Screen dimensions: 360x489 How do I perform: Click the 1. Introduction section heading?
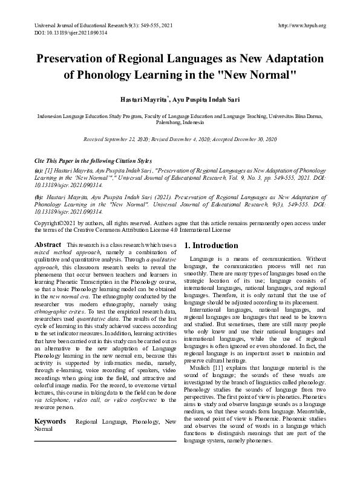[211, 246]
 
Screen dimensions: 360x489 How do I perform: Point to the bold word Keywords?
[50, 404]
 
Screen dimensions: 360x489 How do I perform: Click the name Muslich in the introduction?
[201, 367]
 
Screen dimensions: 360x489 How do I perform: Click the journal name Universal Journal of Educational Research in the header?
[84, 25]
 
